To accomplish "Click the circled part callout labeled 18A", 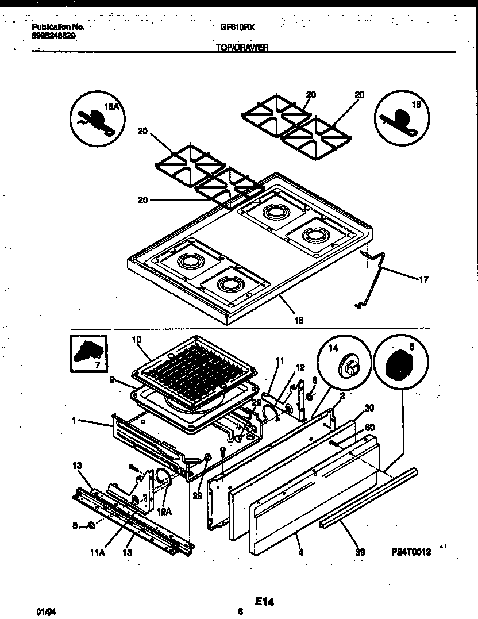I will click(x=94, y=118).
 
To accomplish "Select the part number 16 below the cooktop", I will click(x=298, y=320).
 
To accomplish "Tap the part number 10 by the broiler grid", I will click(x=136, y=339).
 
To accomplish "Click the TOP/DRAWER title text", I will click(x=242, y=48).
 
